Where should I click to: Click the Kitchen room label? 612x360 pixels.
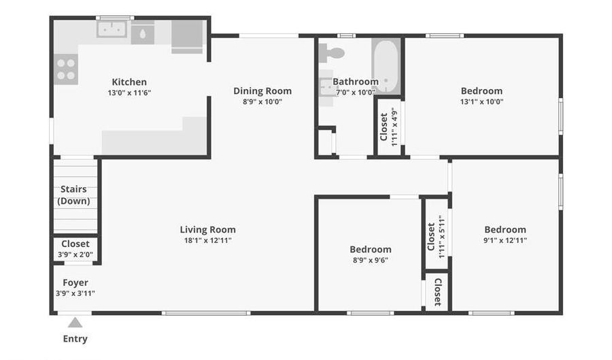click(x=129, y=82)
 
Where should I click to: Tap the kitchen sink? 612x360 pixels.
click(x=112, y=29)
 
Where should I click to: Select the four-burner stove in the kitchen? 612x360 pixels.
click(x=65, y=69)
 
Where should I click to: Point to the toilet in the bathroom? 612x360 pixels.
click(x=331, y=52)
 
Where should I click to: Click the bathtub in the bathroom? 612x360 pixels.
click(x=386, y=65)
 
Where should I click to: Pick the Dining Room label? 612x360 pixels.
click(x=262, y=91)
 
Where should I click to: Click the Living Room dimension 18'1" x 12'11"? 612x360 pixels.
click(x=207, y=240)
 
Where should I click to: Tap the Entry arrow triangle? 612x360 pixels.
click(x=75, y=323)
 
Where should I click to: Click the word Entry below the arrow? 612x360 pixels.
click(x=75, y=339)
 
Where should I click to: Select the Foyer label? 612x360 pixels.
click(x=75, y=282)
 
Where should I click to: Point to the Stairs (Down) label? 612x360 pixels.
click(x=73, y=195)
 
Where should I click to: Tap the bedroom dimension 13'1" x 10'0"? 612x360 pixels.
click(x=481, y=101)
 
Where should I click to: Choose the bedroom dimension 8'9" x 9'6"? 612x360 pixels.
click(x=371, y=260)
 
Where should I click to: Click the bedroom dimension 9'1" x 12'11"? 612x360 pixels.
click(x=505, y=240)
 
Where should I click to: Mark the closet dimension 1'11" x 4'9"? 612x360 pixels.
click(x=394, y=127)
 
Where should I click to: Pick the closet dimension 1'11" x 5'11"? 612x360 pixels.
click(x=442, y=237)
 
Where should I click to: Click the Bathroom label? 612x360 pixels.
click(x=356, y=82)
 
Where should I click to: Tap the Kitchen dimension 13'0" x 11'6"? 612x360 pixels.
click(x=129, y=93)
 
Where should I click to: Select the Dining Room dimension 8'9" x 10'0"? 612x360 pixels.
click(x=262, y=102)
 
